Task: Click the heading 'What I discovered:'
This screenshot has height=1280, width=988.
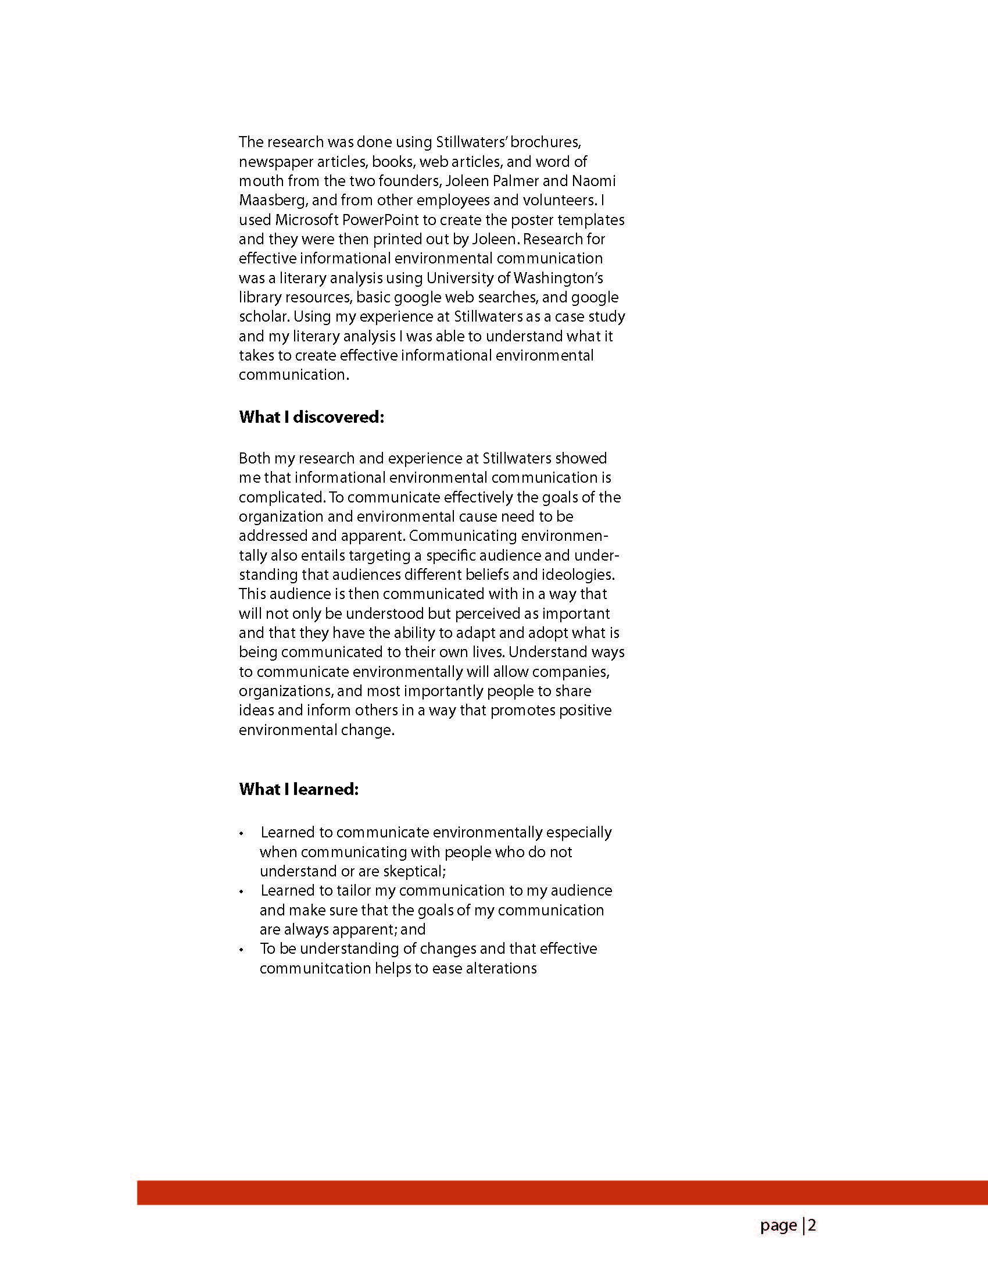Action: click(311, 418)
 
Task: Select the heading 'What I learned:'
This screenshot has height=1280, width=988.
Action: click(299, 789)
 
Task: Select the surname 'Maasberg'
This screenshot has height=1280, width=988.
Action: click(273, 201)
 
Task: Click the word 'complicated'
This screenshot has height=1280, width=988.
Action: click(282, 498)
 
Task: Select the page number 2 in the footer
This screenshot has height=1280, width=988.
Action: click(812, 1225)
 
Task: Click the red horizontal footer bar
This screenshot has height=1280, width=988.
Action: click(562, 1193)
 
